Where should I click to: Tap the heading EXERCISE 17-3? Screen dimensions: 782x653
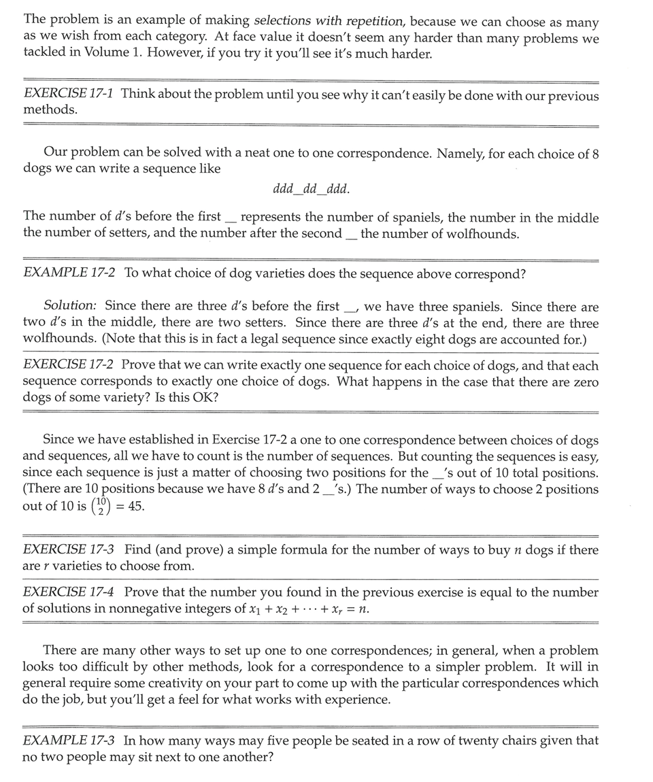click(x=69, y=549)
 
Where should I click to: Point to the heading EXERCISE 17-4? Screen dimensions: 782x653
click(x=69, y=592)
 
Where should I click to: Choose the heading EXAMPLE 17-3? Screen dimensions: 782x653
click(x=69, y=741)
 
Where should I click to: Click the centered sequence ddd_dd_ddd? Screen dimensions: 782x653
click(x=311, y=188)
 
